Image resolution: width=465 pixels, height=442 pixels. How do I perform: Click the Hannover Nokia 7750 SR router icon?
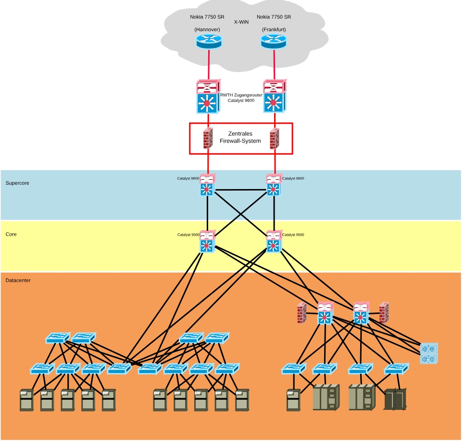[209, 41]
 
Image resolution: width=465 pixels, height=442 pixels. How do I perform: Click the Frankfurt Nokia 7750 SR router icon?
[274, 41]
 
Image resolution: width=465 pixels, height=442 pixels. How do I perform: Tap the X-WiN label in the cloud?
[241, 22]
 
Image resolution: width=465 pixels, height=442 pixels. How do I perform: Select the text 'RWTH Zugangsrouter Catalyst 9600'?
[241, 97]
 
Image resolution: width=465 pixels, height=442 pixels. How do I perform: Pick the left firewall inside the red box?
[208, 138]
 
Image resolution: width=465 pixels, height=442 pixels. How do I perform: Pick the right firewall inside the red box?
[274, 138]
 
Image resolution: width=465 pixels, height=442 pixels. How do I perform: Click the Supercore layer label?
[17, 183]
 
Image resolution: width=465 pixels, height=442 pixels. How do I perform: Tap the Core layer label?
[11, 234]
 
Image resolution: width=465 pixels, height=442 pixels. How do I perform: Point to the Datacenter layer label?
[18, 280]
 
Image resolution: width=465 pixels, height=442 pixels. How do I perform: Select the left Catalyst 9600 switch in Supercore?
[207, 185]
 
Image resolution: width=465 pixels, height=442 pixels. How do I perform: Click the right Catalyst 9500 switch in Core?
[274, 242]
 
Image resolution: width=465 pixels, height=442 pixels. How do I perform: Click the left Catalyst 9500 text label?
[188, 235]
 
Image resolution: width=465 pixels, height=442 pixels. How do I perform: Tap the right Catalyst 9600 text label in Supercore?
[293, 179]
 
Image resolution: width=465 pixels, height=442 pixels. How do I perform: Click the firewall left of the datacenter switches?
[302, 312]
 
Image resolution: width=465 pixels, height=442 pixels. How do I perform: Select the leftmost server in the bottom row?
[26, 400]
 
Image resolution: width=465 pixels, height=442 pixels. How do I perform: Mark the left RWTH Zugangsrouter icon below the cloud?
[208, 97]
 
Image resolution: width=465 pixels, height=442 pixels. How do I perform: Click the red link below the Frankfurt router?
[274, 64]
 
